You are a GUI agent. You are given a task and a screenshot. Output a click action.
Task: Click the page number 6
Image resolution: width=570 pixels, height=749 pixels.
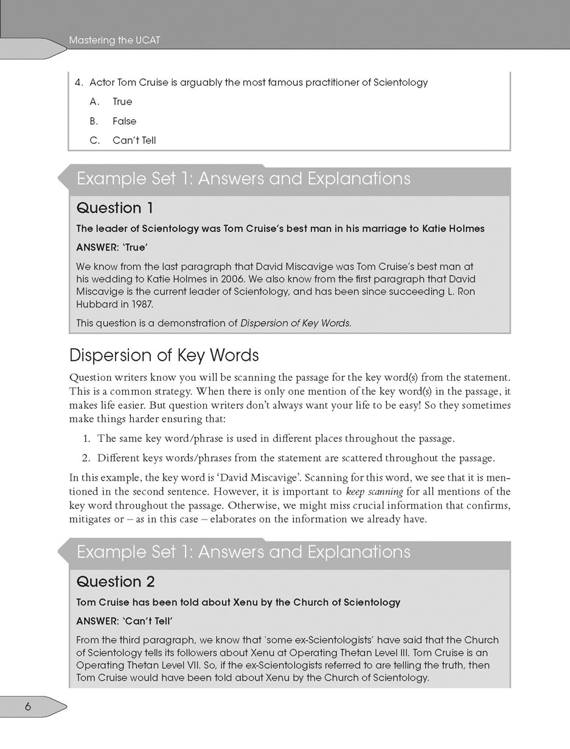click(x=28, y=706)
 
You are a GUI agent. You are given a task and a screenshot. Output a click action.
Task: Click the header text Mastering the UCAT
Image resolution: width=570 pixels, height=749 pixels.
click(x=114, y=41)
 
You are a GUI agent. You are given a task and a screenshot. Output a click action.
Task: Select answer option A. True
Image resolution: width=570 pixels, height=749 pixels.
click(x=122, y=102)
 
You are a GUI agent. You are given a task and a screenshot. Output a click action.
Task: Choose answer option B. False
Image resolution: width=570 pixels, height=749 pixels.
click(x=124, y=121)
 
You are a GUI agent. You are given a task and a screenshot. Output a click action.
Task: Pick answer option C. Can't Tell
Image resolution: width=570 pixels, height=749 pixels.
click(x=134, y=141)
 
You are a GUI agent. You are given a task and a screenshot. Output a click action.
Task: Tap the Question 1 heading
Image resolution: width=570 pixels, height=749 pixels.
click(x=114, y=208)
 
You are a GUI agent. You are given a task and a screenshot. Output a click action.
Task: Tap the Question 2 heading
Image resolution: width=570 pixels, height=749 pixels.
click(x=116, y=582)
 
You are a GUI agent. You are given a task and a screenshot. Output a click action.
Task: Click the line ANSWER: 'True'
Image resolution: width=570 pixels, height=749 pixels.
click(x=112, y=248)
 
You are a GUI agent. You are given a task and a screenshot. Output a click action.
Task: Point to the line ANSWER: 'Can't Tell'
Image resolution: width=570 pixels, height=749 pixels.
click(x=125, y=621)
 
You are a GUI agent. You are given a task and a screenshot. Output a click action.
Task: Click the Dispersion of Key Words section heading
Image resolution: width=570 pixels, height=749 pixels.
click(x=164, y=355)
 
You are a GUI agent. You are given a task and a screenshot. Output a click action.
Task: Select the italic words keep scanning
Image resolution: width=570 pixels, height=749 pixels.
click(x=374, y=492)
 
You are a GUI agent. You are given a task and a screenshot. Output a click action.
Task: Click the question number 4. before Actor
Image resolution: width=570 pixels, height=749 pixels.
click(x=78, y=82)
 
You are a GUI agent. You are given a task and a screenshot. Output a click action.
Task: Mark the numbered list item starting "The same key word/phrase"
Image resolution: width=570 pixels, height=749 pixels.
click(x=276, y=438)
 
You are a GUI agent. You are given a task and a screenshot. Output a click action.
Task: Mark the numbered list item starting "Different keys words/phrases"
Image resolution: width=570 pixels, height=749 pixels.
click(x=296, y=458)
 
